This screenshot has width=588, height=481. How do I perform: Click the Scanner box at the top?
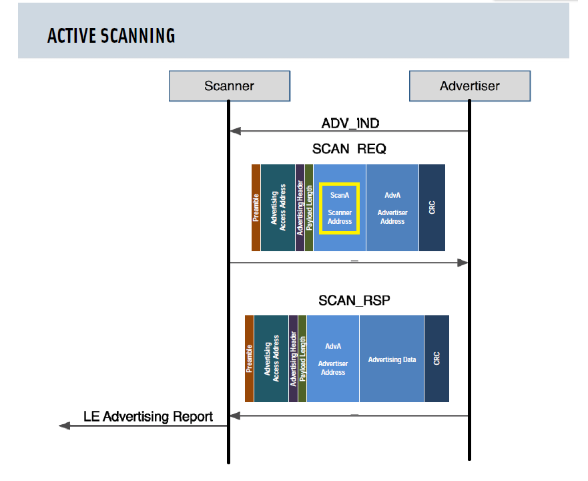tap(230, 86)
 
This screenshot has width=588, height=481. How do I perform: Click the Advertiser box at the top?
tap(470, 86)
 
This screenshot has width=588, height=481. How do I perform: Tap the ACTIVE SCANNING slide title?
tap(111, 36)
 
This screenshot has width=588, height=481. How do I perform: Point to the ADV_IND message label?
tap(350, 123)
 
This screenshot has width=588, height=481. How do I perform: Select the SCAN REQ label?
tap(349, 149)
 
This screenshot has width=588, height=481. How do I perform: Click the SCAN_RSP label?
tap(354, 301)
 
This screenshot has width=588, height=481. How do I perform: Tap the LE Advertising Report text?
tap(148, 416)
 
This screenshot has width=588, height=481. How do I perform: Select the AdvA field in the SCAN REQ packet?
tap(392, 208)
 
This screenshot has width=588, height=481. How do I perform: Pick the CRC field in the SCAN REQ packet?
tap(432, 208)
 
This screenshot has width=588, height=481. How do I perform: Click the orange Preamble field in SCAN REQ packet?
tap(256, 208)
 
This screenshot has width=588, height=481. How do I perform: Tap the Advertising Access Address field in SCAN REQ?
tap(278, 208)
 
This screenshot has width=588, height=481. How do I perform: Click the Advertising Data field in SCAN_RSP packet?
tap(392, 359)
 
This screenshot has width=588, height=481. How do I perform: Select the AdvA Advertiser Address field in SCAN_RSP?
tap(333, 359)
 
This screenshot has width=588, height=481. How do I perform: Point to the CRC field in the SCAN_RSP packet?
tap(436, 359)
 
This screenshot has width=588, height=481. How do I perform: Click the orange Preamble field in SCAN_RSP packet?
tap(249, 359)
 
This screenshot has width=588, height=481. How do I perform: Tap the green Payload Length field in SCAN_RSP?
tap(302, 359)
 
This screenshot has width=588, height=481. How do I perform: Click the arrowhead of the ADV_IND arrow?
tap(235, 131)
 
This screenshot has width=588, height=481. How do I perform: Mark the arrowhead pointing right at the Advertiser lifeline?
tap(463, 263)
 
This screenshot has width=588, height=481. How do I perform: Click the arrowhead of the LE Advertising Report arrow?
tap(65, 426)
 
